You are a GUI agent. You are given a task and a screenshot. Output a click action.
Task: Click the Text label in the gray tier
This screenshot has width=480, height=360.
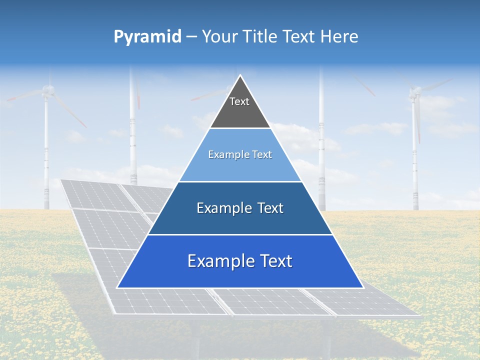(239, 101)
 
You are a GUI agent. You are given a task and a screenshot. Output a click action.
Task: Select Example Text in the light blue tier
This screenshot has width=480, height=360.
(240, 155)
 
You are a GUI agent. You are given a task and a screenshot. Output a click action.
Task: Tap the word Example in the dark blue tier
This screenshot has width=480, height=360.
(223, 208)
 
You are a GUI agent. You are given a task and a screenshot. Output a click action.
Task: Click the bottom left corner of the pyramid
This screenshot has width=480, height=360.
(117, 287)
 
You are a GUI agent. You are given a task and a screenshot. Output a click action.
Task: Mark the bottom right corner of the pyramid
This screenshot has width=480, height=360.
(362, 287)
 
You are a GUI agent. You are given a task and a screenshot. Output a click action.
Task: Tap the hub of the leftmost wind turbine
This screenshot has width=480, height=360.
(47, 90)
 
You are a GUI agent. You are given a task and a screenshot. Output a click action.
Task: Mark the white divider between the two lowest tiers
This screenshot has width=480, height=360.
(240, 234)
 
